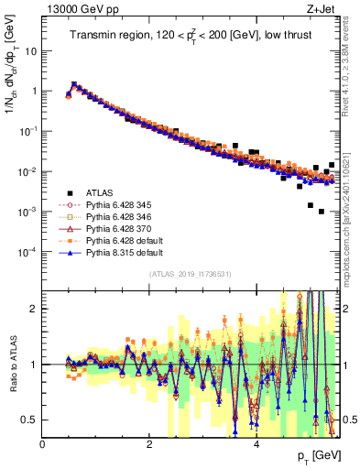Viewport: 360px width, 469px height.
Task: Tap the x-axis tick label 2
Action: point(149,444)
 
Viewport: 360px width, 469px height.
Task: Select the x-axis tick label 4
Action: point(256,444)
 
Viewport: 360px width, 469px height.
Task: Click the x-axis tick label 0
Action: point(43,444)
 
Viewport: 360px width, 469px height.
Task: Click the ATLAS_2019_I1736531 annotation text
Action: point(191,273)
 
